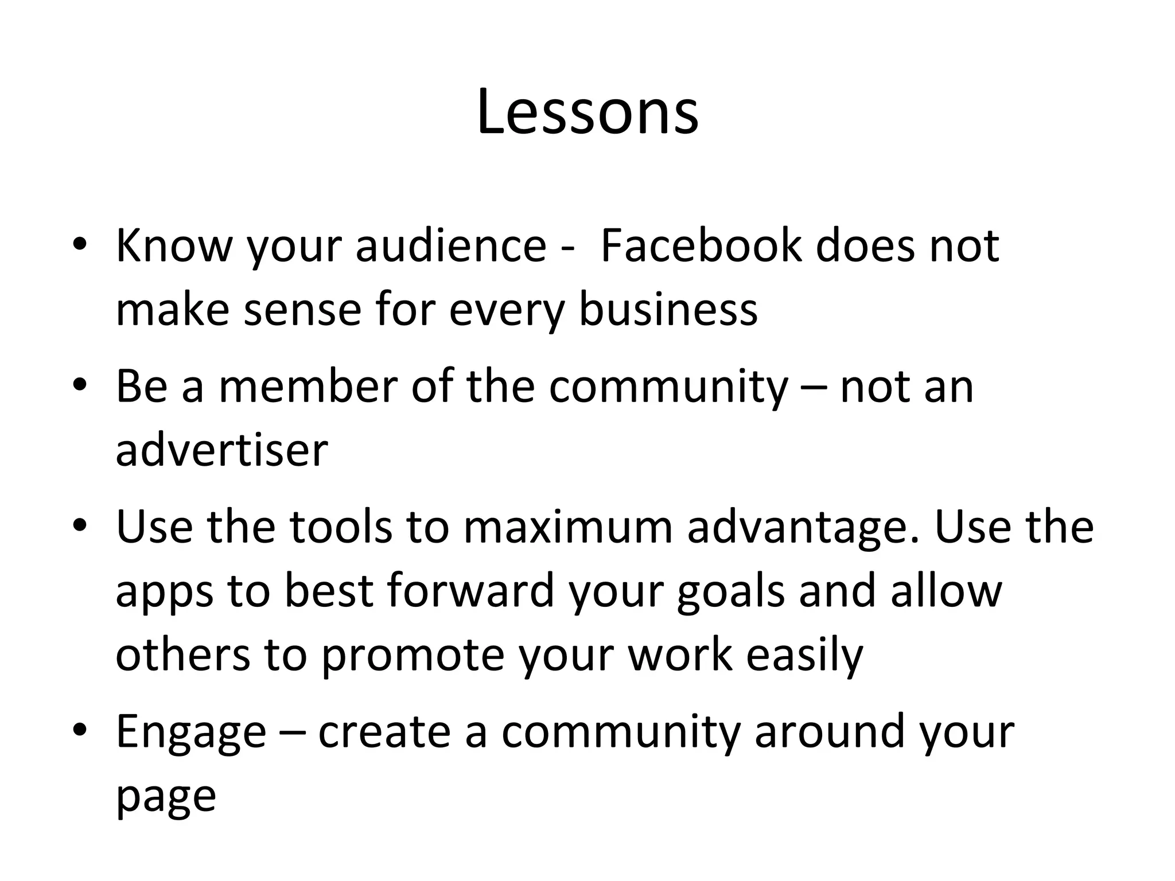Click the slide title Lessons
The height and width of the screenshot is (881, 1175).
point(587,112)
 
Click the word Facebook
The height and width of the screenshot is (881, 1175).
point(700,245)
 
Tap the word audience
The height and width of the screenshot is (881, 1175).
point(451,245)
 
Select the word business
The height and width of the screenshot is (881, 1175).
point(668,310)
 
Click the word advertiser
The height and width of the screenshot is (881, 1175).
point(221,450)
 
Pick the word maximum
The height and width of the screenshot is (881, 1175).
point(567,527)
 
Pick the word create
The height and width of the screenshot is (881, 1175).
point(384,732)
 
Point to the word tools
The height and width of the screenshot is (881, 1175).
point(340,527)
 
